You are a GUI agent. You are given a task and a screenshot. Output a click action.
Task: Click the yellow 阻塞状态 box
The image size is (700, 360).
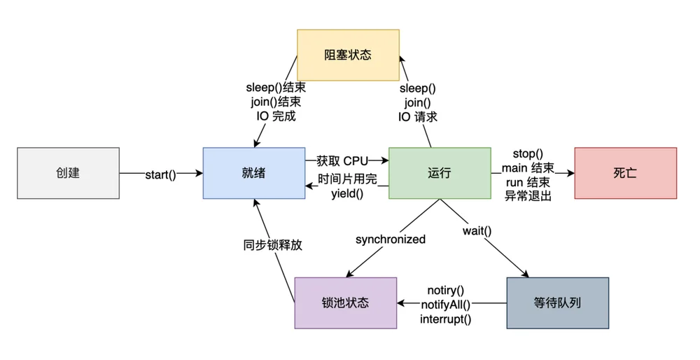click(x=348, y=55)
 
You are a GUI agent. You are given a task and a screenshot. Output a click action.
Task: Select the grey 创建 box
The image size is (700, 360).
click(x=69, y=173)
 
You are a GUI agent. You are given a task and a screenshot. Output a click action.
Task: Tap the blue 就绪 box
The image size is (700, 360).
click(x=254, y=173)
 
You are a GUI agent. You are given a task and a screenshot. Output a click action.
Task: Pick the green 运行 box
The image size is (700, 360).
click(x=440, y=173)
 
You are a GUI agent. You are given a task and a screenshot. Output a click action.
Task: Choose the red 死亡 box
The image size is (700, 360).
click(x=625, y=173)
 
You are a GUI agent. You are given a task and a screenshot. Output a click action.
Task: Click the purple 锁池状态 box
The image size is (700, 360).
click(x=346, y=303)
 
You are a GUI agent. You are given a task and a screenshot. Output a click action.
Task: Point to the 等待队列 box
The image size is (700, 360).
click(x=558, y=303)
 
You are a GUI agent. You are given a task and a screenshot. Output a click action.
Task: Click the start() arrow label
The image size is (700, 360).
click(x=161, y=174)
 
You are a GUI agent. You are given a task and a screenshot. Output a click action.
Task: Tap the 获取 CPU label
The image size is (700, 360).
click(x=342, y=161)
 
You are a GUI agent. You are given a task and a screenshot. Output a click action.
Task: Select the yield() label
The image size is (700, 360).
click(x=347, y=194)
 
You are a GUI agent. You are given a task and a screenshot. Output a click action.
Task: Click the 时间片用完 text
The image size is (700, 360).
click(x=347, y=179)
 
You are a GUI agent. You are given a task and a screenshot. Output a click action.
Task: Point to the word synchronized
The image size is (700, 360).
click(x=391, y=240)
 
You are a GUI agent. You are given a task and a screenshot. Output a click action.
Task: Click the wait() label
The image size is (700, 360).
click(x=477, y=231)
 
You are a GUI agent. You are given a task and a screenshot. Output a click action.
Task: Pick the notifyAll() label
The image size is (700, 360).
click(x=445, y=305)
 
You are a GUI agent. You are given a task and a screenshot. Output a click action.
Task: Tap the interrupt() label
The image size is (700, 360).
click(x=445, y=319)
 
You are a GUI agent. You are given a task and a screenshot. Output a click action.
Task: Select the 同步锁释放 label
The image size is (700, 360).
click(x=273, y=244)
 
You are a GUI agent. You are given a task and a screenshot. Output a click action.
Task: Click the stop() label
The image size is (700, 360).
click(x=528, y=153)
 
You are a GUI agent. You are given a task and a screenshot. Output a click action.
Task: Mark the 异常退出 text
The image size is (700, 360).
click(x=528, y=195)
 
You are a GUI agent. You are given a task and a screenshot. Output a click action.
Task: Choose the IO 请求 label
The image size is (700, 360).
click(x=418, y=117)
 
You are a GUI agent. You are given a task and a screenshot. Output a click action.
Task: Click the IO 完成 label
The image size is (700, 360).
click(x=276, y=116)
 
